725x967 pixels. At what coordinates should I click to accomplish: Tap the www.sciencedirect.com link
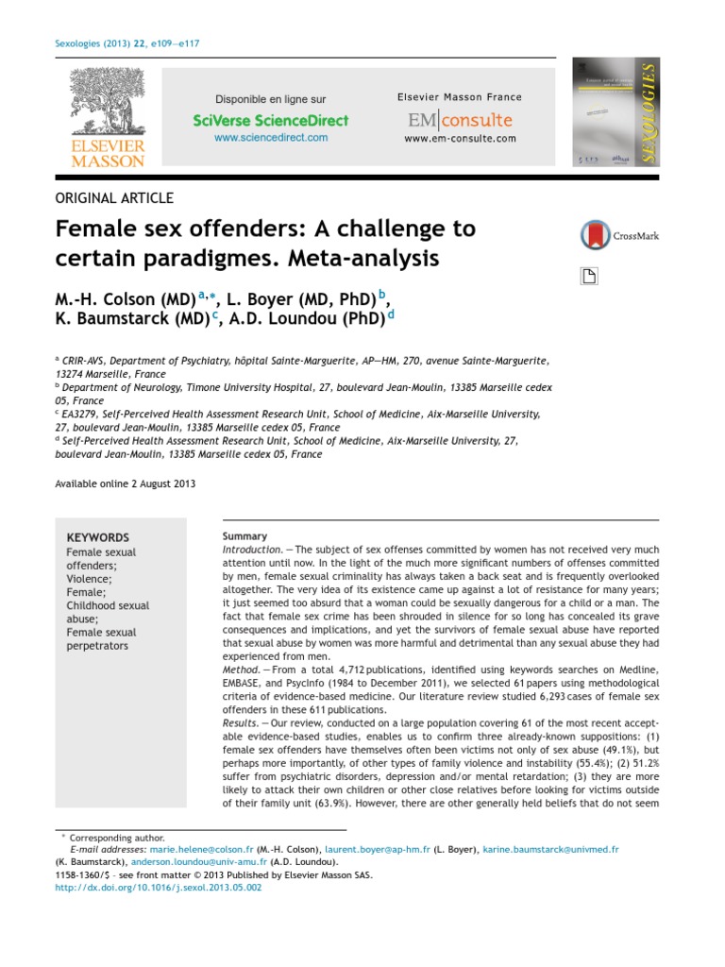pyautogui.click(x=271, y=138)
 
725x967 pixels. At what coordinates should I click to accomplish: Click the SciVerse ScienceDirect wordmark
pyautogui.click(x=271, y=120)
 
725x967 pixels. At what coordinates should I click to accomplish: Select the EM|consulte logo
pyautogui.click(x=460, y=120)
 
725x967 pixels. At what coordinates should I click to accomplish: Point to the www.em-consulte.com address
pyautogui.click(x=460, y=138)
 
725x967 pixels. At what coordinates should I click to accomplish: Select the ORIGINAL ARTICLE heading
pyautogui.click(x=114, y=198)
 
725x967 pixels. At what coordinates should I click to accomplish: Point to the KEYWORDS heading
pyautogui.click(x=98, y=537)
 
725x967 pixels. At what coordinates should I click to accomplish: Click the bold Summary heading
pyautogui.click(x=244, y=536)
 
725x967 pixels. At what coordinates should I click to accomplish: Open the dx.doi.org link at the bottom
pyautogui.click(x=159, y=888)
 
